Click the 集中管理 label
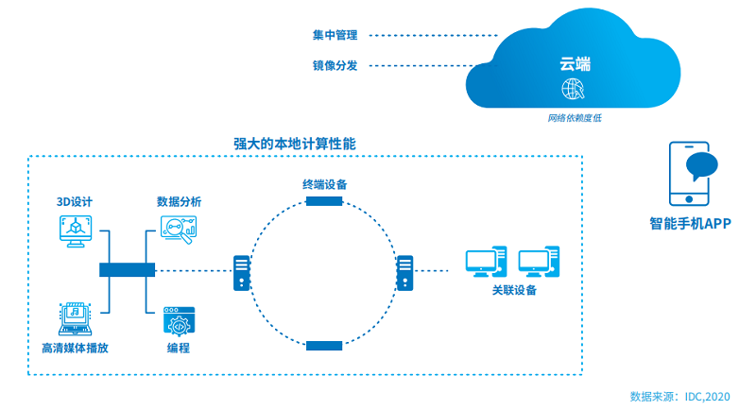335,35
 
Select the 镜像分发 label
335,65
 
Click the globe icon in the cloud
574,91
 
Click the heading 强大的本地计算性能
294,144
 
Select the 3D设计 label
74,202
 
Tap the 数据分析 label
179,202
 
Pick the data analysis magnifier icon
179,230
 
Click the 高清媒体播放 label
75,348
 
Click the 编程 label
178,348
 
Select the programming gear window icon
178,319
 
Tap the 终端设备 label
324,184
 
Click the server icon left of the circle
243,272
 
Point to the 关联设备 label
514,290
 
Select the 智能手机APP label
691,224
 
